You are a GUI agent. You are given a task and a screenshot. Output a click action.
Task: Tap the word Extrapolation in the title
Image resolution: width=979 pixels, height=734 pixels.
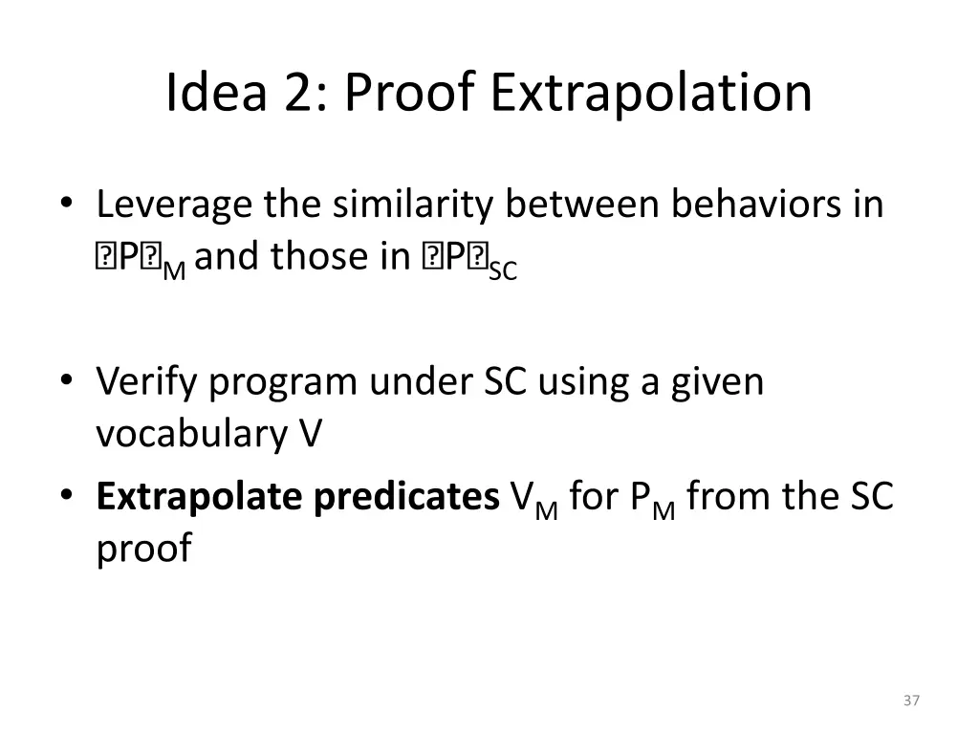click(652, 93)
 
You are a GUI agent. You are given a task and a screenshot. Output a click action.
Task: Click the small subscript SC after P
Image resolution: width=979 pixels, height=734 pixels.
click(503, 271)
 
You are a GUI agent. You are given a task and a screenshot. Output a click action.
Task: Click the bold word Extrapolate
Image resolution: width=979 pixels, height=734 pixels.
click(197, 498)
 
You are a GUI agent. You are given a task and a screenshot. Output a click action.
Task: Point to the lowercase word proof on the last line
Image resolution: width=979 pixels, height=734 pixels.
click(143, 550)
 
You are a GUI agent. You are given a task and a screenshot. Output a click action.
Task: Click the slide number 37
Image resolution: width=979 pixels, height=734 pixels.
click(910, 701)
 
